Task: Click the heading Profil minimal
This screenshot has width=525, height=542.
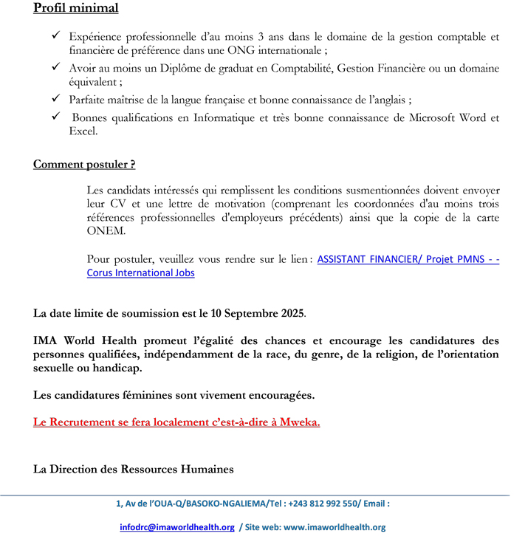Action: click(75, 8)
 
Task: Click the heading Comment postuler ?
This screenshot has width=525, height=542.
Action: click(84, 164)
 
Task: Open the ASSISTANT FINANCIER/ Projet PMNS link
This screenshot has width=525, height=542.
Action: click(408, 259)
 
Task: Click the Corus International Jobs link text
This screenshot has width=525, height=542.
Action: click(140, 273)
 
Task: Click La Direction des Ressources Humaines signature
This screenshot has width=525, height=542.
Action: click(133, 469)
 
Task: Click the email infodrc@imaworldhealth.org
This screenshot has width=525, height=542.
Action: click(177, 527)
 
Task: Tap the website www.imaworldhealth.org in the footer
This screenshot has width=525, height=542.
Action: click(334, 527)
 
